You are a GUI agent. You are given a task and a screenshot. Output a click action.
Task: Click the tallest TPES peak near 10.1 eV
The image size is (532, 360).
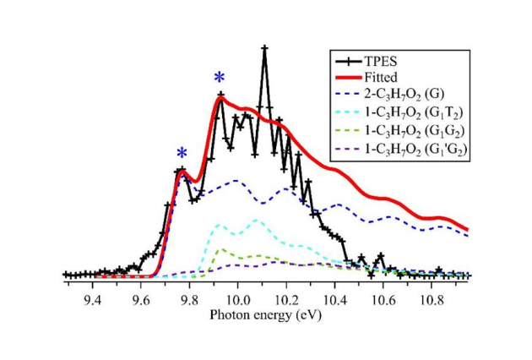click(264, 48)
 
